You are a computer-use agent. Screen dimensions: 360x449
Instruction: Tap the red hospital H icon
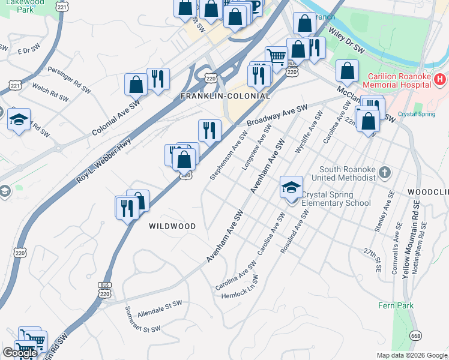[440, 79]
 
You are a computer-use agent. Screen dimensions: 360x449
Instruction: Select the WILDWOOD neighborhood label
[173, 226]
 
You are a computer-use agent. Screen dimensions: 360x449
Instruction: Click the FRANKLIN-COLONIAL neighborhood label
[226, 96]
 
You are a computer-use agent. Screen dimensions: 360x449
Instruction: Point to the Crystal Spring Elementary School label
[336, 199]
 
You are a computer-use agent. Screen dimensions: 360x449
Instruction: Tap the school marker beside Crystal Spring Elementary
[291, 188]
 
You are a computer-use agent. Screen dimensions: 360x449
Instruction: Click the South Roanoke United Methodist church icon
[385, 173]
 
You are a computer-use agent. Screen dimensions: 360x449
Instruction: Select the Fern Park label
[396, 305]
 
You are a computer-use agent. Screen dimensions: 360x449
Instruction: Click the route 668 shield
[415, 336]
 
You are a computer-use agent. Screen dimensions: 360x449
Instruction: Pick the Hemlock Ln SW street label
[240, 289]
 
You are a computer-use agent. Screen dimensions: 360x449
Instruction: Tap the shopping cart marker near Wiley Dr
[276, 58]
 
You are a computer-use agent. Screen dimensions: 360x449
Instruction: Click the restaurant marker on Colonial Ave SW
[158, 79]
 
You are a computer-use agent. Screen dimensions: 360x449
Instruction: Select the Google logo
[19, 353]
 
